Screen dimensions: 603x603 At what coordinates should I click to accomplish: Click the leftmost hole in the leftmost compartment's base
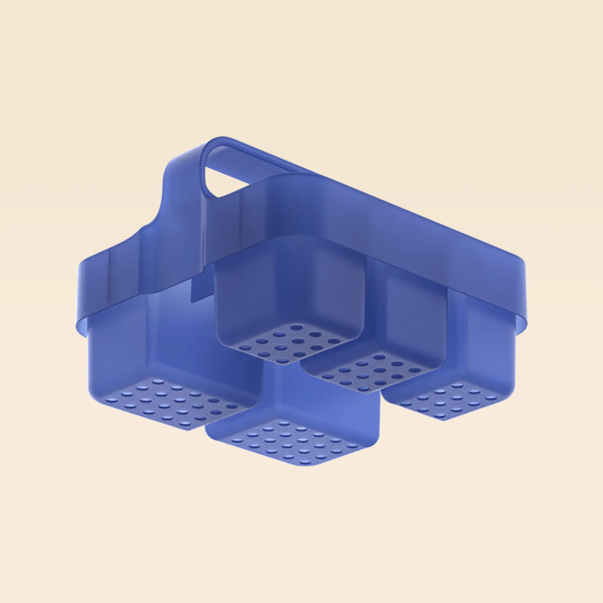(110, 399)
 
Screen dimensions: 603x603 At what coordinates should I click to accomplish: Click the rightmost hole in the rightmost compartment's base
(492, 398)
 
